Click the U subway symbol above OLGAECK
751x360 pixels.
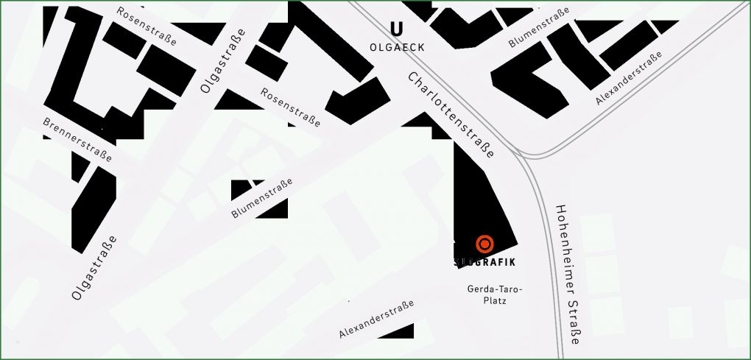point(397,29)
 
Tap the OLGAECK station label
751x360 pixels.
point(397,47)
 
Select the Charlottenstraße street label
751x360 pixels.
point(451,116)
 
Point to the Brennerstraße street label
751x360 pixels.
point(77,140)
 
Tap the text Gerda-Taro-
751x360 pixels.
point(495,289)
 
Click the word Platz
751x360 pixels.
point(495,300)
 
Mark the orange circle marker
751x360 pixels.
point(484,244)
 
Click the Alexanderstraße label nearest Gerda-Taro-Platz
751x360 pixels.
point(376,318)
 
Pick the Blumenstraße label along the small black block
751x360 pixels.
point(262,198)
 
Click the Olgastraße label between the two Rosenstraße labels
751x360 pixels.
point(222,64)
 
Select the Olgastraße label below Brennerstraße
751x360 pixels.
point(94,267)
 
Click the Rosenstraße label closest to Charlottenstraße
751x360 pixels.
point(291,107)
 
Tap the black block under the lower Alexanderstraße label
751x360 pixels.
point(396,332)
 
